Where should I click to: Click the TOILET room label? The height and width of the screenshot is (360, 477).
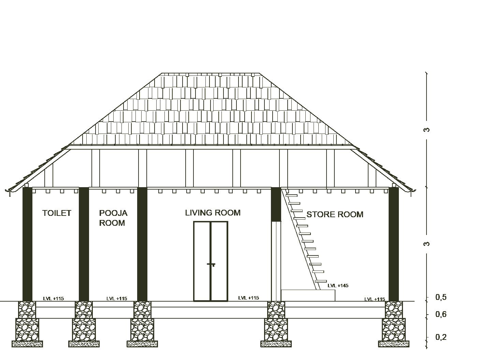coord(57,213)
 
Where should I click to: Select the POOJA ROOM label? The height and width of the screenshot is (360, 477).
coord(113,218)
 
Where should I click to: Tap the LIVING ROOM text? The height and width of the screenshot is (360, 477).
coord(213,213)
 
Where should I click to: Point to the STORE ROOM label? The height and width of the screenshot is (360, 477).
coord(334,214)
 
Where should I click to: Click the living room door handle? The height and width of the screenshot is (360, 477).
coord(212,264)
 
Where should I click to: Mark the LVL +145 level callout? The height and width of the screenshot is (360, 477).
coord(338,286)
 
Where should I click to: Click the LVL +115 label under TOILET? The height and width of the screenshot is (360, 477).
coord(54,299)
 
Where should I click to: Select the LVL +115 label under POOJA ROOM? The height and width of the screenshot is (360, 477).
coord(117,299)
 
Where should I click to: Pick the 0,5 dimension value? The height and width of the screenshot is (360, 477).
coord(441,297)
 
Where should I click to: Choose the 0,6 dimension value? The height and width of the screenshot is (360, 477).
coord(441,314)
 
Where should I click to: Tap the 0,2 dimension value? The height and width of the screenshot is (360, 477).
coord(441,337)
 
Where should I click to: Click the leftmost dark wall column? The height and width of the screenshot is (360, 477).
coord(27,244)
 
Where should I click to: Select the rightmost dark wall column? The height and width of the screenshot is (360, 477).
coord(393,244)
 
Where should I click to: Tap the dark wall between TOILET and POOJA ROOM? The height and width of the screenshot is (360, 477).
coord(84,244)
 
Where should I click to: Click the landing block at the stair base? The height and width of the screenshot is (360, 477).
coord(308,295)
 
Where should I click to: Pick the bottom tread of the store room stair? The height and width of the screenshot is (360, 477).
coord(321,281)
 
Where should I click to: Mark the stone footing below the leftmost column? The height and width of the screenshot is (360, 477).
coord(27,329)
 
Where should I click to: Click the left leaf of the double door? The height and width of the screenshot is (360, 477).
coord(202,261)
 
